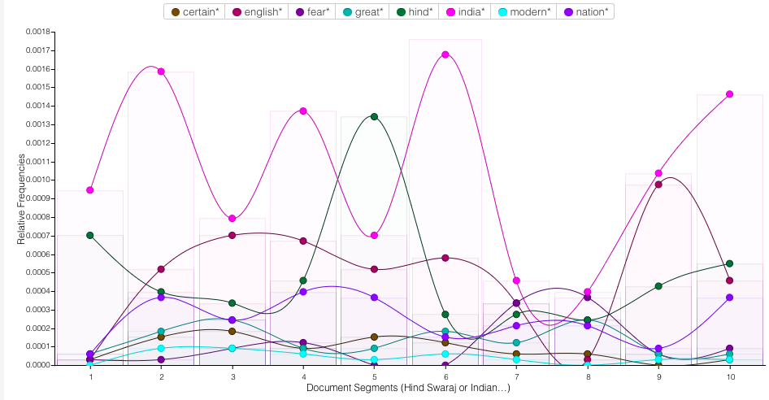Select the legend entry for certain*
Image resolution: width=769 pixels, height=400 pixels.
pyautogui.click(x=194, y=12)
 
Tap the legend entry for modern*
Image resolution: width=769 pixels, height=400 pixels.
pyautogui.click(x=525, y=12)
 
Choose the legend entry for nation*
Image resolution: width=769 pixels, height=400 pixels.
pyautogui.click(x=584, y=12)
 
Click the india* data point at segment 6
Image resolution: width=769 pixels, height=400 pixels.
pyautogui.click(x=445, y=54)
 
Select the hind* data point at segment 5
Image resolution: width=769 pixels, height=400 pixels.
pyautogui.click(x=374, y=116)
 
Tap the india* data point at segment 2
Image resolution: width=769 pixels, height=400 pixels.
pyautogui.click(x=161, y=72)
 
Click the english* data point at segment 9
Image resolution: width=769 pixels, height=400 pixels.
pyautogui.click(x=658, y=185)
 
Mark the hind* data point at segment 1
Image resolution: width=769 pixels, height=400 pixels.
pyautogui.click(x=90, y=235)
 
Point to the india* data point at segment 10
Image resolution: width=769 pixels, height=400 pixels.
pyautogui.click(x=729, y=94)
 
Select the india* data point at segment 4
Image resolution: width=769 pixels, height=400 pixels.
pyautogui.click(x=303, y=111)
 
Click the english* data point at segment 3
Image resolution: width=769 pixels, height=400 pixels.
pyautogui.click(x=232, y=235)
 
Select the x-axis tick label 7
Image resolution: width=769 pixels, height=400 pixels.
pyautogui.click(x=516, y=377)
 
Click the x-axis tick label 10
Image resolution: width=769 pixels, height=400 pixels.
pyautogui.click(x=729, y=377)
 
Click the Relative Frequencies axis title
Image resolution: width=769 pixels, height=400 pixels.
pyautogui.click(x=22, y=198)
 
